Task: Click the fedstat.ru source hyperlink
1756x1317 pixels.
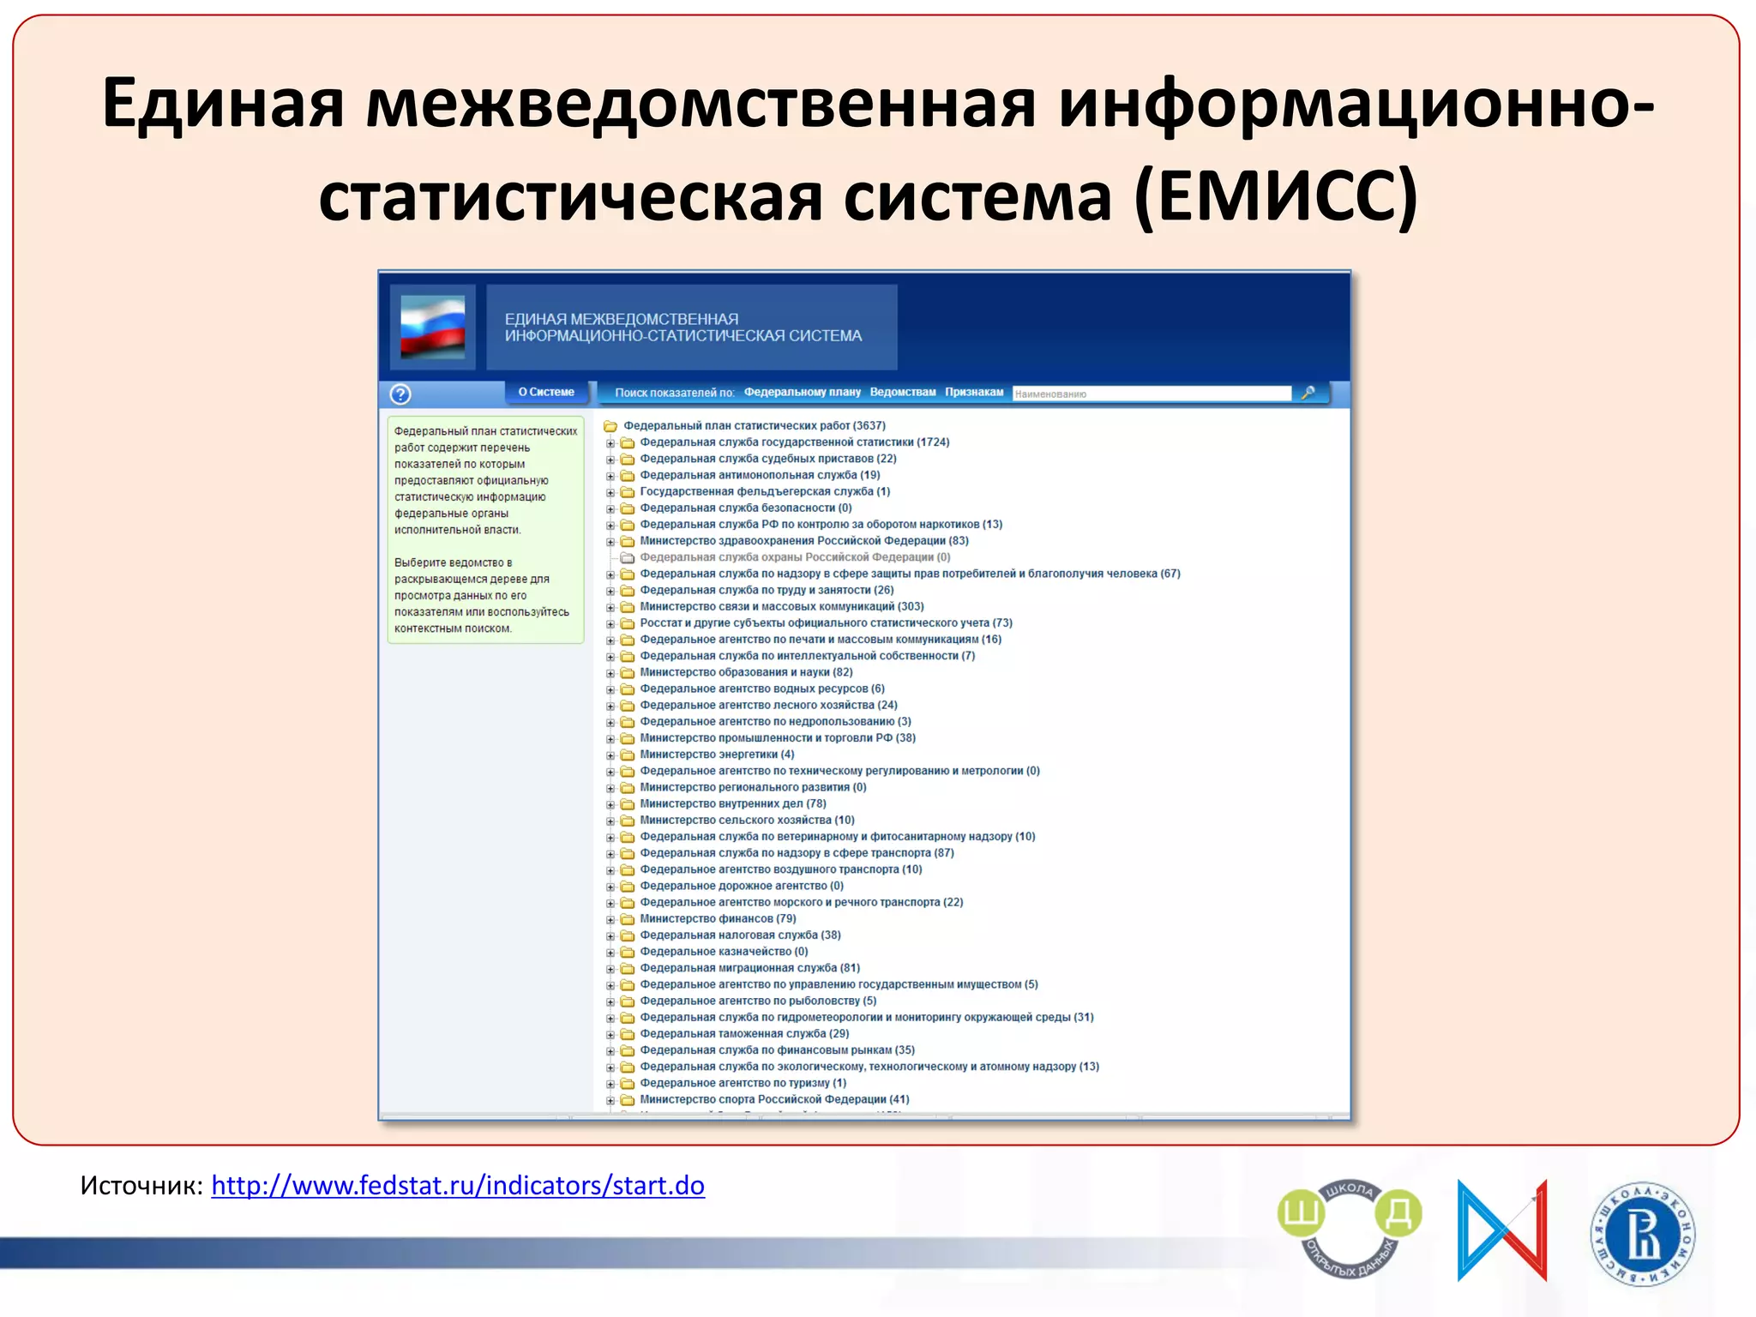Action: point(458,1185)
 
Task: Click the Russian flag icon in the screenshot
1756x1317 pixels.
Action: point(433,327)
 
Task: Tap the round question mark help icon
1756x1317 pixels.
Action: point(400,394)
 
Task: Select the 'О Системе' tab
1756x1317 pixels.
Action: point(546,392)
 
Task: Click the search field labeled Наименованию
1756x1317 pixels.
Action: point(1152,394)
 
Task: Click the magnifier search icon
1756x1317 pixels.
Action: point(1308,393)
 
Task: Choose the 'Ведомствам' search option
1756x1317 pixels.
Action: point(903,392)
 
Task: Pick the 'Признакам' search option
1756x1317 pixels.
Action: point(974,392)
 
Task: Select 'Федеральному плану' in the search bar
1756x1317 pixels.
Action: point(802,392)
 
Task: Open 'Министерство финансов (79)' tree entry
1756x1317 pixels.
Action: point(718,918)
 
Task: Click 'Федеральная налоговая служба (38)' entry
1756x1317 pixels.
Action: point(740,935)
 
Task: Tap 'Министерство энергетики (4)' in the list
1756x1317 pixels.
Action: point(717,755)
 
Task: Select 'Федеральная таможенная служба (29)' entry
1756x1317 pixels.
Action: point(744,1033)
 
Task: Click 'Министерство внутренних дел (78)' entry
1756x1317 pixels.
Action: point(733,803)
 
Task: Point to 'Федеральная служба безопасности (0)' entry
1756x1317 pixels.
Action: point(745,508)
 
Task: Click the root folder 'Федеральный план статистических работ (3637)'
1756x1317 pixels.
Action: point(755,425)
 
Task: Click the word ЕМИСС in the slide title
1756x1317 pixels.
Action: point(1277,196)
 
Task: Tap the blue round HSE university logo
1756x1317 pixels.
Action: point(1642,1235)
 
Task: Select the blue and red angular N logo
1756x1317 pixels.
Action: point(1502,1231)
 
